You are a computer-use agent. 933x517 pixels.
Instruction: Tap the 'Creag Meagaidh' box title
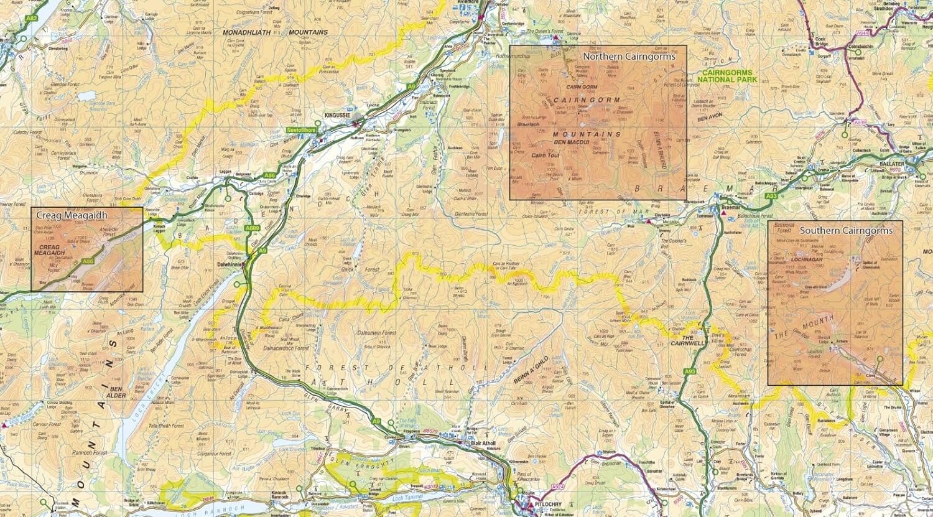72,215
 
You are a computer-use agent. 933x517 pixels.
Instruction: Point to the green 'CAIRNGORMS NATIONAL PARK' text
726,77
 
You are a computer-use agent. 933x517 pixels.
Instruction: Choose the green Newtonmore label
302,129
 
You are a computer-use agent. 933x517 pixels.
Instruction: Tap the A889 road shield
252,228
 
